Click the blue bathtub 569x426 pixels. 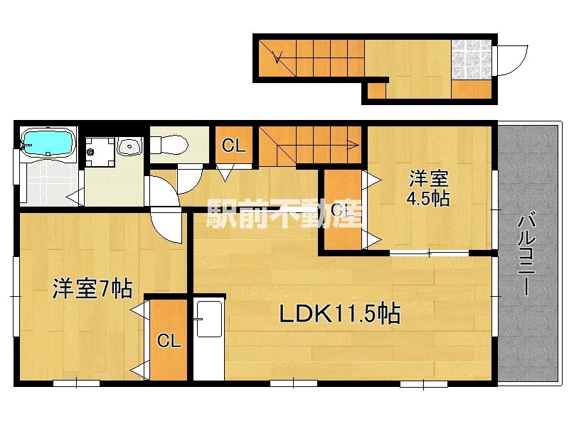coord(48,143)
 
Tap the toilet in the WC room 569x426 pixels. coord(169,145)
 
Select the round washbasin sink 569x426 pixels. coord(129,147)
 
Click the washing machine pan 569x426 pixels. coord(100,151)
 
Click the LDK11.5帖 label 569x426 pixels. coord(340,314)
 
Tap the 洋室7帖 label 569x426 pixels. coord(92,289)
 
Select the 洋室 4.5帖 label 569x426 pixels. coord(429,188)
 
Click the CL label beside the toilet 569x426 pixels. coord(234,146)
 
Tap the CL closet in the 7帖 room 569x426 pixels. coord(169,341)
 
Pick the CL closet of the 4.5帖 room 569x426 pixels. coord(343,210)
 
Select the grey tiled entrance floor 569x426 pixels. coord(472,60)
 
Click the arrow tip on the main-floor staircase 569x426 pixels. coord(358,146)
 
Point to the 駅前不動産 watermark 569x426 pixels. coord(284,214)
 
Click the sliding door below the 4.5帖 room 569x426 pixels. coord(429,253)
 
